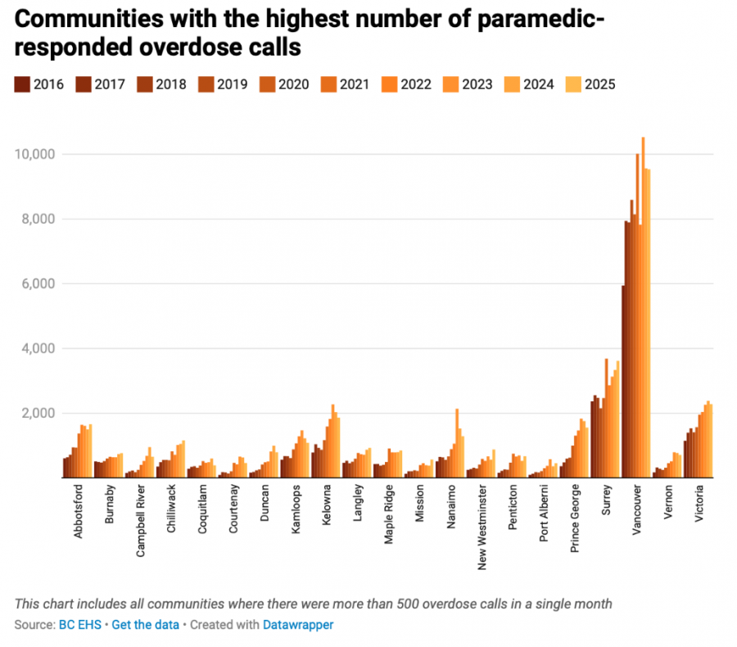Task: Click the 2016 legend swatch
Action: (x=21, y=84)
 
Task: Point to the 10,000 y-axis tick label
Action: (x=34, y=154)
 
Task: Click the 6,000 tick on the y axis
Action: (x=37, y=283)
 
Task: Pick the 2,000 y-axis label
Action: (x=37, y=413)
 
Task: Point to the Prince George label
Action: (x=575, y=522)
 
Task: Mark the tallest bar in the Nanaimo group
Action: (x=457, y=443)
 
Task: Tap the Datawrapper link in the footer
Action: (x=298, y=624)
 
